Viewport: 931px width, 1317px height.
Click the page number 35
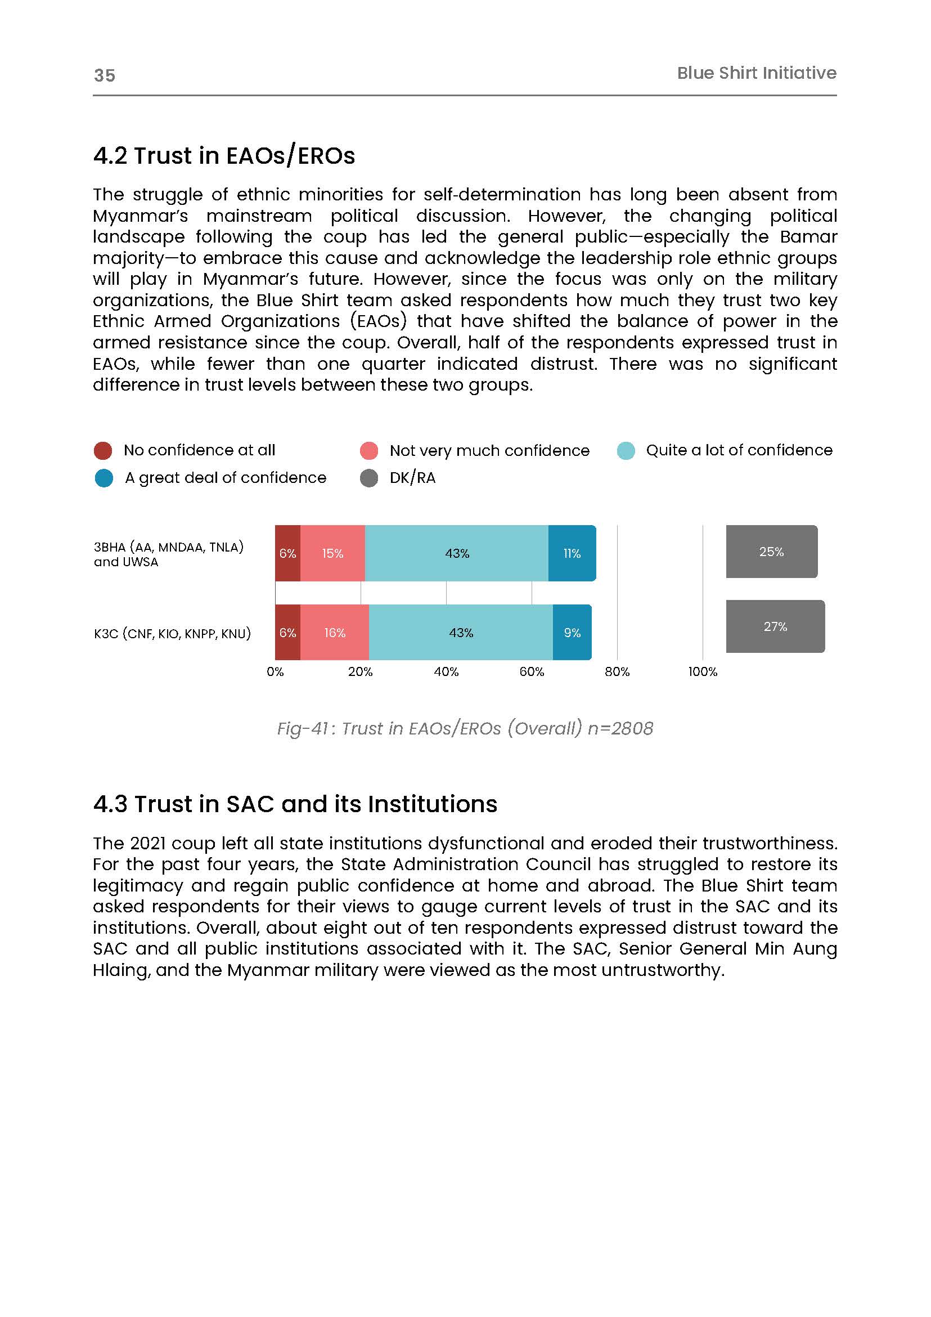pyautogui.click(x=104, y=75)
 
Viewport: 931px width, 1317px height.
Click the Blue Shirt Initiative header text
pyautogui.click(x=756, y=73)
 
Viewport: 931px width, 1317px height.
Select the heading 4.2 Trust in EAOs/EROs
pyautogui.click(x=223, y=155)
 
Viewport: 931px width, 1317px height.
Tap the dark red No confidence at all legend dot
pyautogui.click(x=103, y=450)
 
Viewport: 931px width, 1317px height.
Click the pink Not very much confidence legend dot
pyautogui.click(x=368, y=450)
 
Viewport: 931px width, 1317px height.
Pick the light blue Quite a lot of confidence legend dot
pyautogui.click(x=626, y=450)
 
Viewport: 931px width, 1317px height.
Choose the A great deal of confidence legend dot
pyautogui.click(x=104, y=478)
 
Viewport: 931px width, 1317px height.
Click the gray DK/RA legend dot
pyautogui.click(x=368, y=478)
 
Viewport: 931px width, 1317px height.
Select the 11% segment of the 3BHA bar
pyautogui.click(x=572, y=553)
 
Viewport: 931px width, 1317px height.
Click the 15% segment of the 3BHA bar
pyautogui.click(x=332, y=553)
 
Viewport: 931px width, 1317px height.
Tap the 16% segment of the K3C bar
pyautogui.click(x=335, y=632)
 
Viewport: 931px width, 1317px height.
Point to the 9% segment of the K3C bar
pyautogui.click(x=572, y=632)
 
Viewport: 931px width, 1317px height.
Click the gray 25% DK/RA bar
pyautogui.click(x=772, y=551)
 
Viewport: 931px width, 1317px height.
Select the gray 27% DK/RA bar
pyautogui.click(x=775, y=626)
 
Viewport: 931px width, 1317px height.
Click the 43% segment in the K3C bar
pyautogui.click(x=461, y=632)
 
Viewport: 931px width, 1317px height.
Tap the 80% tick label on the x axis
pyautogui.click(x=617, y=671)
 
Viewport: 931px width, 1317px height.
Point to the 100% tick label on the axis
pyautogui.click(x=702, y=671)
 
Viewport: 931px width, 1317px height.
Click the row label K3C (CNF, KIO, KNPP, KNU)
pyautogui.click(x=172, y=633)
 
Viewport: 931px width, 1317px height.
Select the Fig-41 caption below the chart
pyautogui.click(x=465, y=728)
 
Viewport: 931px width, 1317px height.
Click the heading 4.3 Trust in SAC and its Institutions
pyautogui.click(x=295, y=804)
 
